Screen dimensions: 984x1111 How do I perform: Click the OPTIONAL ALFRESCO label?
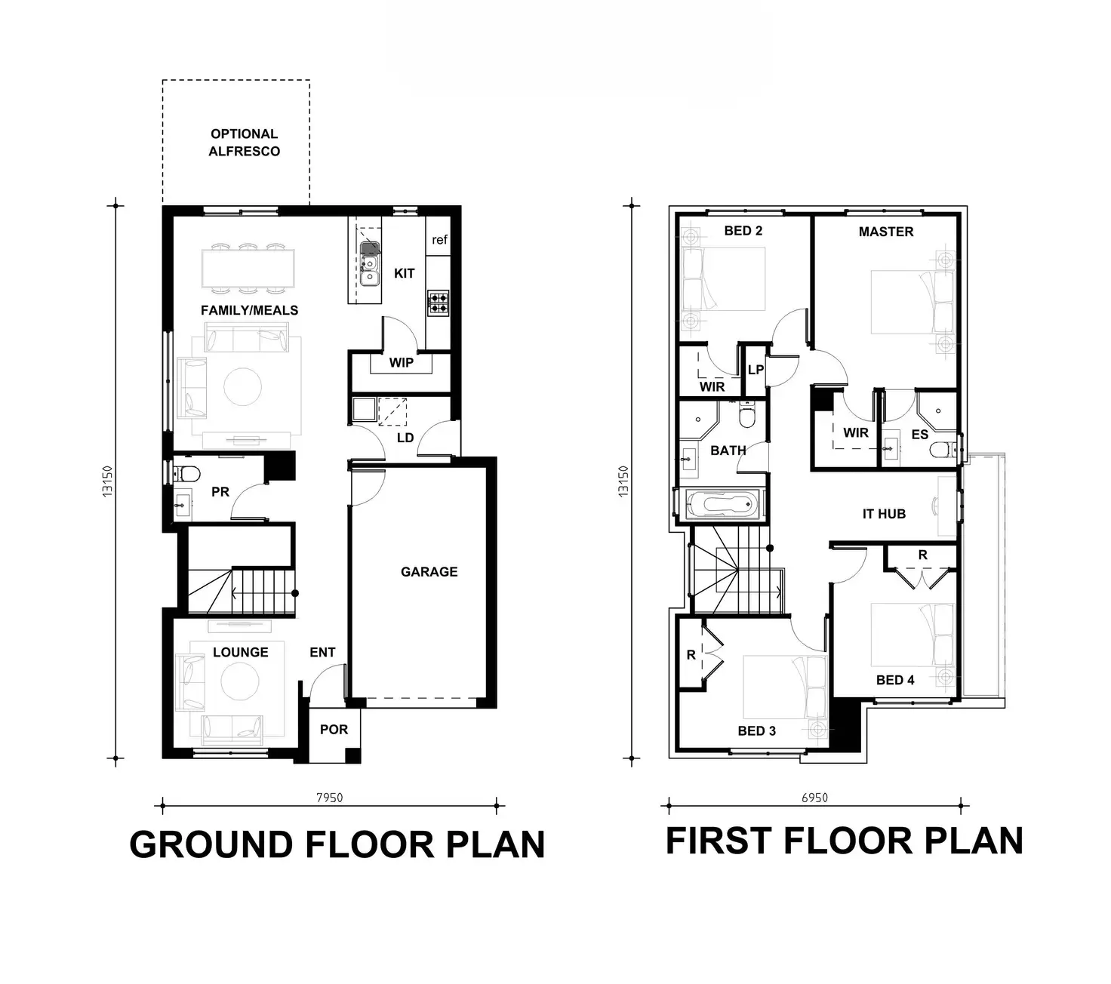245,143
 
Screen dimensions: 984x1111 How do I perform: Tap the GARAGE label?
429,572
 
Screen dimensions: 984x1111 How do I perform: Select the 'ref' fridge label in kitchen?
439,240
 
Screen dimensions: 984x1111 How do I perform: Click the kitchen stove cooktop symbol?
438,303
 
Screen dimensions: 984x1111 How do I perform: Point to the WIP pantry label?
401,363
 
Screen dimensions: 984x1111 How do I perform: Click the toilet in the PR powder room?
187,474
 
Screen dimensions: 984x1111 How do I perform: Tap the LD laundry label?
405,438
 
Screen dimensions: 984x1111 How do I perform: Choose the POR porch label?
334,730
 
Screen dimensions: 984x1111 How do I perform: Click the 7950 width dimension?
329,798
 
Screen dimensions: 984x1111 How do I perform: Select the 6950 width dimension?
814,798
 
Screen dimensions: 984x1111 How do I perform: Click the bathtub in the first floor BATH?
723,503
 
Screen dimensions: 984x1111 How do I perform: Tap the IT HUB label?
884,514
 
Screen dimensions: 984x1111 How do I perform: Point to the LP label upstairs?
756,370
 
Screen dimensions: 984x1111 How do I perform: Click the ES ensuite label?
919,435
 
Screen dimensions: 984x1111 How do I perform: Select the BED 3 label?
756,730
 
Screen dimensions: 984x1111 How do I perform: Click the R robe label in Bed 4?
922,555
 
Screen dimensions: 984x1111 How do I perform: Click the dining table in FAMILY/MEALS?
248,268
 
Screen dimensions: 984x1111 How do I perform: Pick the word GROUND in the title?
211,844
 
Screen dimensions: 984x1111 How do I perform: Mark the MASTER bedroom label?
885,232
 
